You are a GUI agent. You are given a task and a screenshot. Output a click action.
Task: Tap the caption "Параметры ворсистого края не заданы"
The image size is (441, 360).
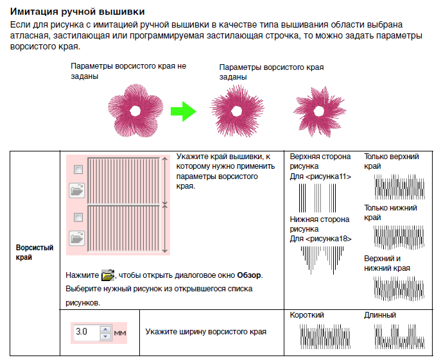128,71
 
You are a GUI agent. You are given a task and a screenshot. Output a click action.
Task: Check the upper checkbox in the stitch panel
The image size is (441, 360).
78,169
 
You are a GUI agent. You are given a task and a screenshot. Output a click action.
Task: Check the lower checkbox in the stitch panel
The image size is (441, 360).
78,216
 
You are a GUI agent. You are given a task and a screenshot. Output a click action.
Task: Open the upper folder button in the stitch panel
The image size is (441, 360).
78,189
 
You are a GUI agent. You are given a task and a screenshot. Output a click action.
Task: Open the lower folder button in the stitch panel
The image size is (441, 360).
78,237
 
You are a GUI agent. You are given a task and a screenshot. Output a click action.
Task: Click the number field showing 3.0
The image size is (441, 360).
84,332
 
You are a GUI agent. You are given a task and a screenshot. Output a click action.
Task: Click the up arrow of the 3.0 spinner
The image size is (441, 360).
105,329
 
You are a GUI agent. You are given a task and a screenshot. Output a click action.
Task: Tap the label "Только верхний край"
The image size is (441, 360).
392,161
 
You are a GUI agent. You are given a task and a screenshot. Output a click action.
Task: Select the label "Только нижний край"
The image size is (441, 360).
391,212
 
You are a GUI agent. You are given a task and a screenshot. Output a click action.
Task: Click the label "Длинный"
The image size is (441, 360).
380,315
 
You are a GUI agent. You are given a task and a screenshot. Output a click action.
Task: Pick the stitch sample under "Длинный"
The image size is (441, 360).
398,336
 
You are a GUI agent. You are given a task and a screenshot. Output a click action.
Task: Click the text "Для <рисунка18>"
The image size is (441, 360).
320,239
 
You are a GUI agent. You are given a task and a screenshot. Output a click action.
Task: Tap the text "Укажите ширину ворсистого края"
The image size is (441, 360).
205,332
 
